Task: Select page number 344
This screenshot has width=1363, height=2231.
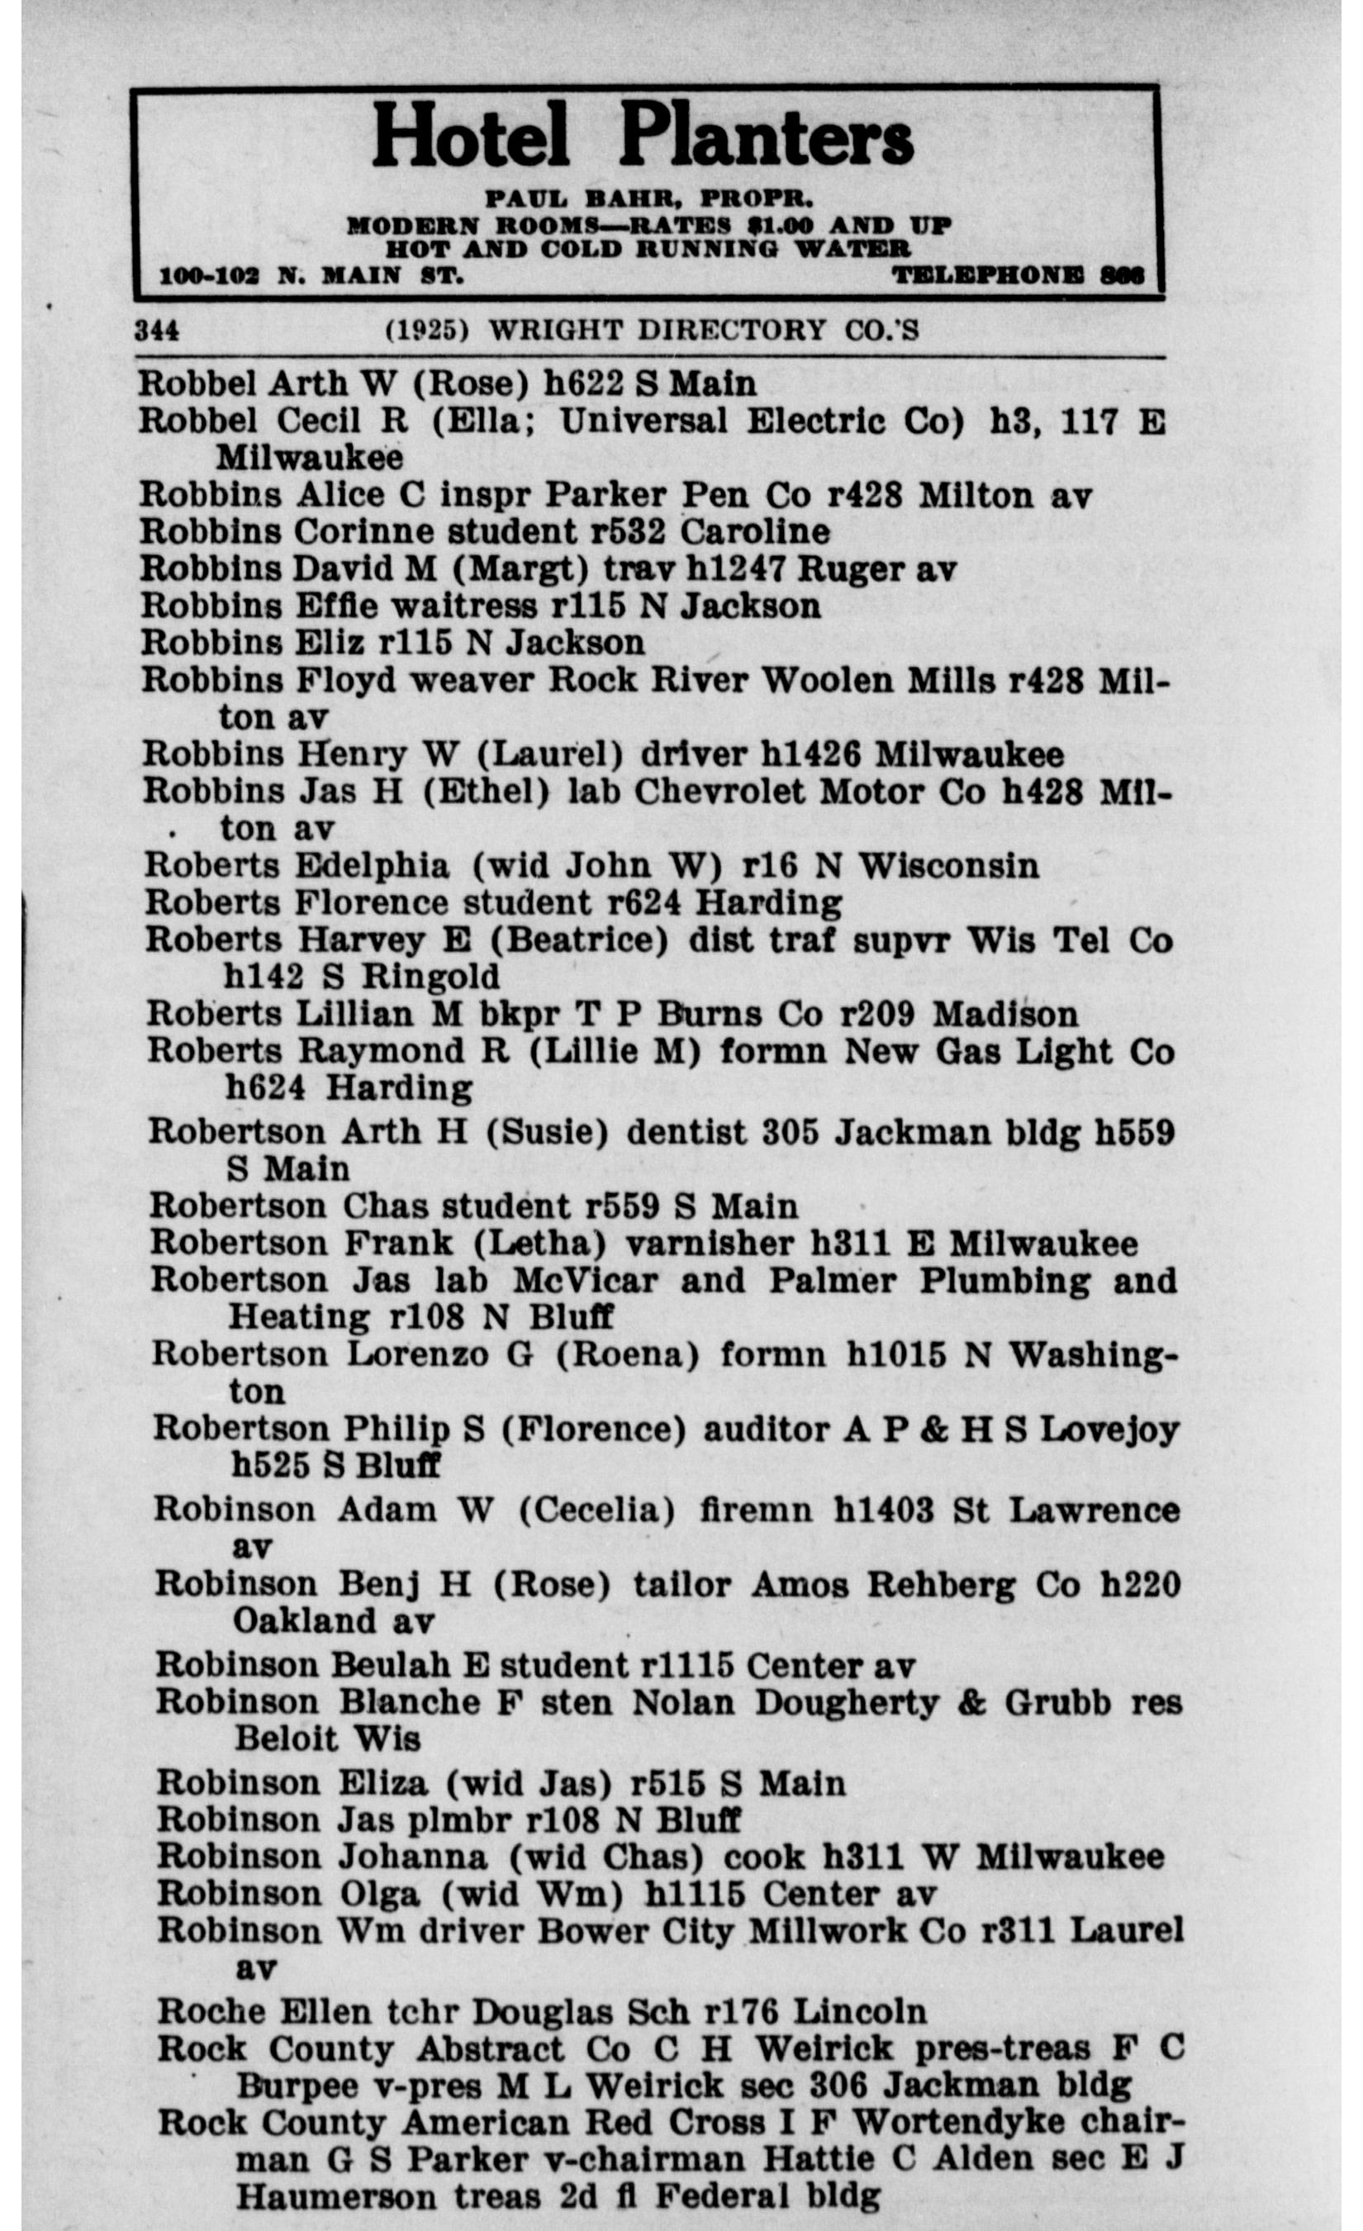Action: (157, 331)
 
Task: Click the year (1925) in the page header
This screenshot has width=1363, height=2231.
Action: (427, 331)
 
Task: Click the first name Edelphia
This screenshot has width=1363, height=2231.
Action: (372, 866)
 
